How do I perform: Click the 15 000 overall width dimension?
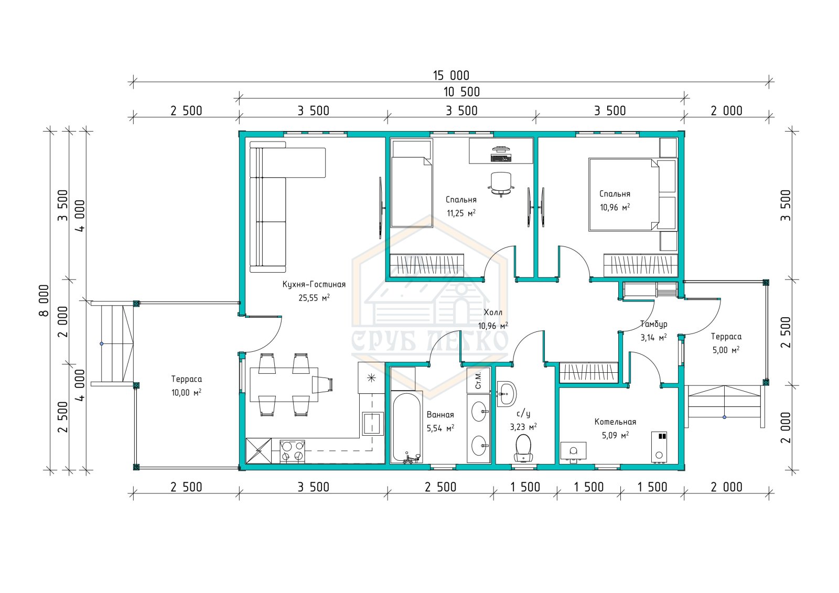pos(451,76)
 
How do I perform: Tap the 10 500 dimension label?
pos(461,92)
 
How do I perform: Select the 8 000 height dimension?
pos(44,300)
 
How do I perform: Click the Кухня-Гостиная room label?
pos(314,284)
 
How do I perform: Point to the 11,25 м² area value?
pos(461,213)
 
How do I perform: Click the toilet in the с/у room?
pos(523,448)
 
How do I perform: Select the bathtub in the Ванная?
pos(406,428)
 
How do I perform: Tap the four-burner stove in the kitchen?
pos(292,451)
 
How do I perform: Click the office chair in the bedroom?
pos(501,184)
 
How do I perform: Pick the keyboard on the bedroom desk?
pos(501,158)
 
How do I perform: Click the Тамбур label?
pos(653,324)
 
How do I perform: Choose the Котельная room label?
pos(616,422)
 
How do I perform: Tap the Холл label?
pos(493,312)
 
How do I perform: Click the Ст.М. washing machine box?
pos(478,380)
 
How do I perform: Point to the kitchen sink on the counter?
pos(372,423)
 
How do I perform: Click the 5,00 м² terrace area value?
pos(726,350)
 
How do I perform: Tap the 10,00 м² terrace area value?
pos(186,393)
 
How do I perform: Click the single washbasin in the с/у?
pos(507,394)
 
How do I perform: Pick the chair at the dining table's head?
pos(322,385)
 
